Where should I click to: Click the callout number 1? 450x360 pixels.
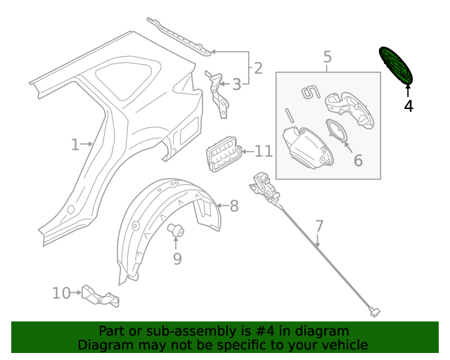pyautogui.click(x=75, y=145)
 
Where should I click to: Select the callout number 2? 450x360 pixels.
pyautogui.click(x=258, y=68)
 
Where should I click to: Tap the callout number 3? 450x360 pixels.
pyautogui.click(x=237, y=84)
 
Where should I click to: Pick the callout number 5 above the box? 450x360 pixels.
pyautogui.click(x=328, y=57)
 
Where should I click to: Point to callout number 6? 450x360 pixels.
pyautogui.click(x=358, y=160)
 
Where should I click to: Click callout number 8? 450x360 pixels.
pyautogui.click(x=234, y=206)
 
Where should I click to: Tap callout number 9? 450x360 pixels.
pyautogui.click(x=177, y=259)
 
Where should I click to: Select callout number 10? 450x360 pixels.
pyautogui.click(x=61, y=292)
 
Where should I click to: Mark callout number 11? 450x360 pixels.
pyautogui.click(x=263, y=151)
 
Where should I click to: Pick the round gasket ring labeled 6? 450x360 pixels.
pyautogui.click(x=337, y=133)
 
